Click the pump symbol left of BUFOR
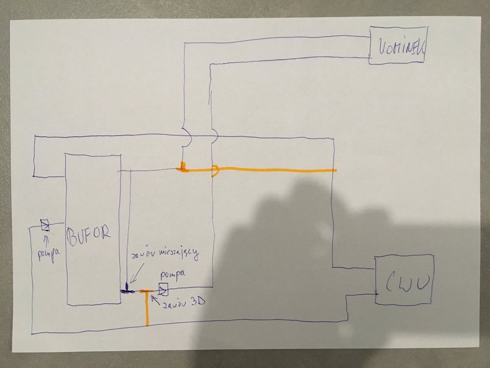(x=45, y=225)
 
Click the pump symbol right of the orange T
(x=163, y=289)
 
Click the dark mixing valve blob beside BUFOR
(x=127, y=289)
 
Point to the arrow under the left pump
(x=46, y=239)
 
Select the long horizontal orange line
(x=274, y=170)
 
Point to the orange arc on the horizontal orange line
(x=216, y=170)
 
